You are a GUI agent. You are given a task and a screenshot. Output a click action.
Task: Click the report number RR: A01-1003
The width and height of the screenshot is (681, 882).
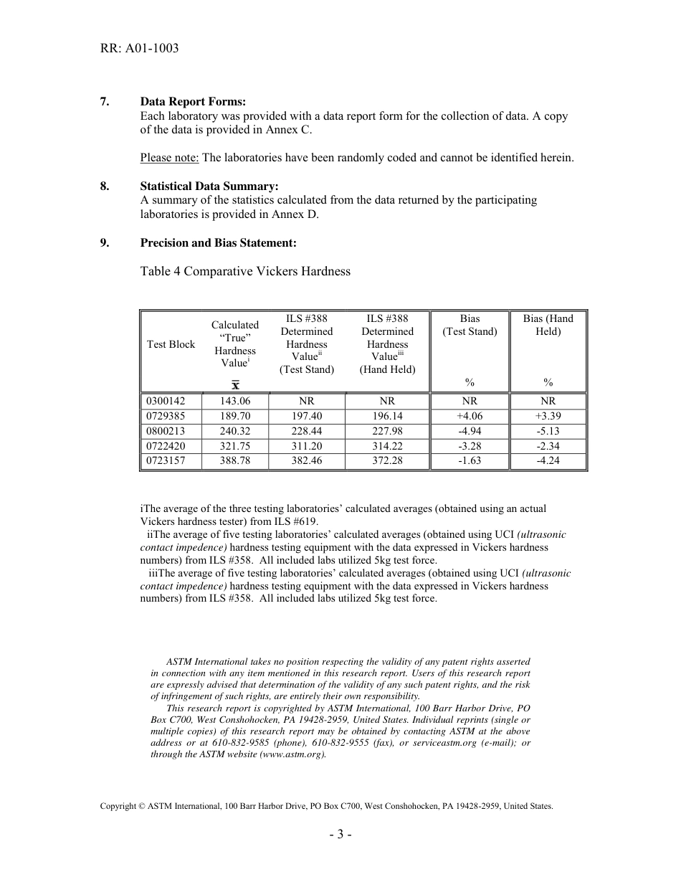pyautogui.click(x=139, y=49)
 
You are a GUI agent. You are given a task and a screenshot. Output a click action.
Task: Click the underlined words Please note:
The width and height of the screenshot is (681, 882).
pyautogui.click(x=169, y=158)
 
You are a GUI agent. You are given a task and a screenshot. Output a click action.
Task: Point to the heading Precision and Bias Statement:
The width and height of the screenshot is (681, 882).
pyautogui.click(x=218, y=243)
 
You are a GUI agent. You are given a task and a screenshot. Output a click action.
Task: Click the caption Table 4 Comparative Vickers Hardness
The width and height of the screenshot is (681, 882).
pyautogui.click(x=245, y=271)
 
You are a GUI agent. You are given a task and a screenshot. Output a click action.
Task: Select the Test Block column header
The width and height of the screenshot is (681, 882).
pyautogui.click(x=171, y=344)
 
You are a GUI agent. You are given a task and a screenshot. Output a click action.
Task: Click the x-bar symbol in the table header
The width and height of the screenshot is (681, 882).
pyautogui.click(x=235, y=385)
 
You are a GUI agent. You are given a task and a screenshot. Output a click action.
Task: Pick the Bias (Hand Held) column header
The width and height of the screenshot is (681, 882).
pyautogui.click(x=548, y=325)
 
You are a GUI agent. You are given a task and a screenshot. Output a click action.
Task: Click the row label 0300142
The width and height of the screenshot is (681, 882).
pyautogui.click(x=166, y=402)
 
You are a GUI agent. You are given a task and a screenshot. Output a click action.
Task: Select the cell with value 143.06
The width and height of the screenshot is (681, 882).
pyautogui.click(x=235, y=402)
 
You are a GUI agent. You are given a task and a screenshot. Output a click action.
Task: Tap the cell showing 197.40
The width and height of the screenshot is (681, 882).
pyautogui.click(x=306, y=417)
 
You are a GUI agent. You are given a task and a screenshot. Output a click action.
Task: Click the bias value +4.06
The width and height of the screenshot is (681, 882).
pyautogui.click(x=470, y=417)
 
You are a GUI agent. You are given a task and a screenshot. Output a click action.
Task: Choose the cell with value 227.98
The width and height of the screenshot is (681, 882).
pyautogui.click(x=387, y=431)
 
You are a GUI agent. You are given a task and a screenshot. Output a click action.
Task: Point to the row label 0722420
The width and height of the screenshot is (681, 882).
pyautogui.click(x=166, y=446)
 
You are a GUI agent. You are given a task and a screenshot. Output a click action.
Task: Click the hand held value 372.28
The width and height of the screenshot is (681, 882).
pyautogui.click(x=387, y=461)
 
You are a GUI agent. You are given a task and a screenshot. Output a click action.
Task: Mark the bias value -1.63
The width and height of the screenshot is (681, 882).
pyautogui.click(x=470, y=461)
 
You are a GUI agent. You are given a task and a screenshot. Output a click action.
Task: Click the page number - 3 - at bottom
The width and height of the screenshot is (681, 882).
pyautogui.click(x=340, y=834)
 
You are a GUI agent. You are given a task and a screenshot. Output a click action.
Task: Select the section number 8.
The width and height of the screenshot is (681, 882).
pyautogui.click(x=105, y=186)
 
